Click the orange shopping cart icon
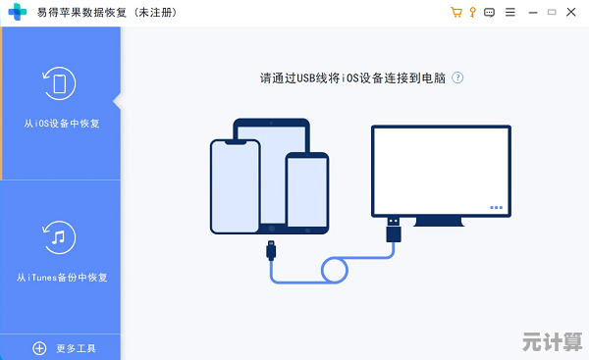tap(455, 13)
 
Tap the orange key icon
tap(472, 13)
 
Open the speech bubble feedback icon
tap(489, 13)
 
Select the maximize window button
tap(551, 13)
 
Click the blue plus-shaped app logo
tap(18, 13)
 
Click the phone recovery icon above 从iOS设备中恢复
tap(61, 83)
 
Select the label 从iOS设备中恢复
tap(61, 125)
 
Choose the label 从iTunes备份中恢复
tap(61, 278)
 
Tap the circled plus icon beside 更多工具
tap(40, 348)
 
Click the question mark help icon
tap(457, 77)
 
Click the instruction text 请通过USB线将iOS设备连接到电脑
tap(353, 77)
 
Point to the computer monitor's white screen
tap(441, 171)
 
